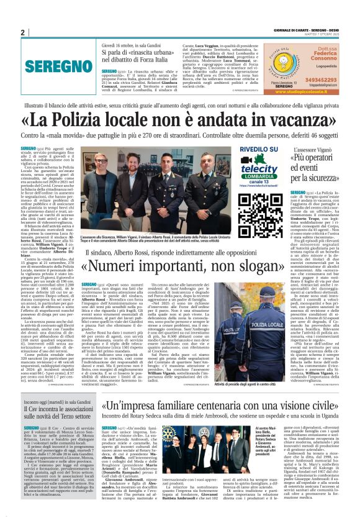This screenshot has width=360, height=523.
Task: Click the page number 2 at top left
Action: pyautogui.click(x=22, y=32)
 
